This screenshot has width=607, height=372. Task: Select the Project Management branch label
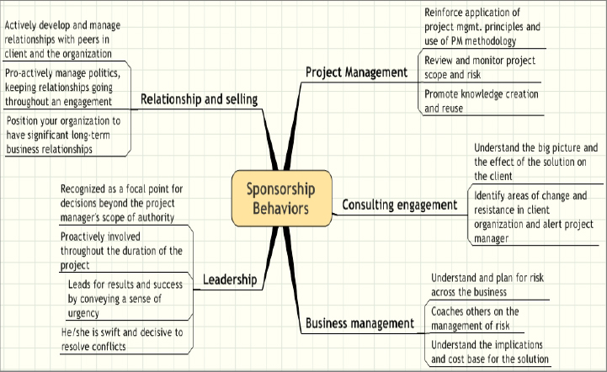[x=356, y=72]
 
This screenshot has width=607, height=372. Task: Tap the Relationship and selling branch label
[x=199, y=99]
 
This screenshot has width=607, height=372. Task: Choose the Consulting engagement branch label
[x=399, y=205]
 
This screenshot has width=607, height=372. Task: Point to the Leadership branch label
[x=230, y=278]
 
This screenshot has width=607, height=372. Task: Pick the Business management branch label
[x=359, y=323]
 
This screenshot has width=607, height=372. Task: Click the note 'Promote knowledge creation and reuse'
[x=481, y=101]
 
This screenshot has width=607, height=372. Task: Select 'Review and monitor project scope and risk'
[x=479, y=67]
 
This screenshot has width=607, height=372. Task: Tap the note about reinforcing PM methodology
[x=482, y=26]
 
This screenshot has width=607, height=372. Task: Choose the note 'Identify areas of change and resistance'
[x=528, y=217]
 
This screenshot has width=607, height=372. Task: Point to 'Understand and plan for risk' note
[x=486, y=284]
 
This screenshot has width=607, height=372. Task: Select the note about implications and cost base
[x=487, y=352]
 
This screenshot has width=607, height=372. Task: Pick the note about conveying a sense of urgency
[x=125, y=299]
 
